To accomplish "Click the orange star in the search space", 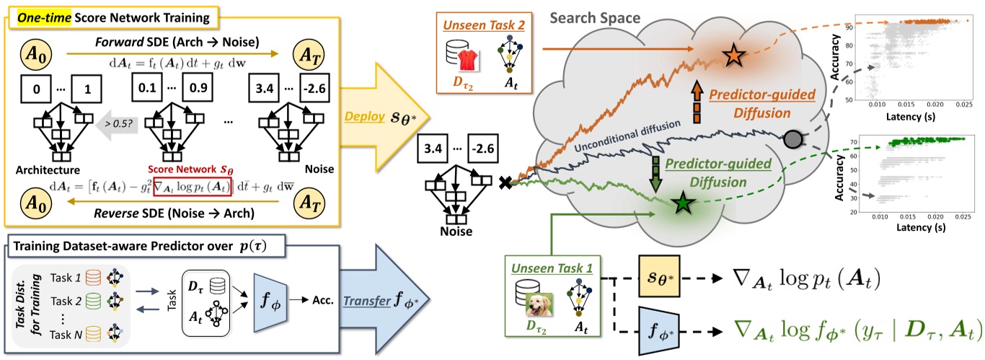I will (733, 55).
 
